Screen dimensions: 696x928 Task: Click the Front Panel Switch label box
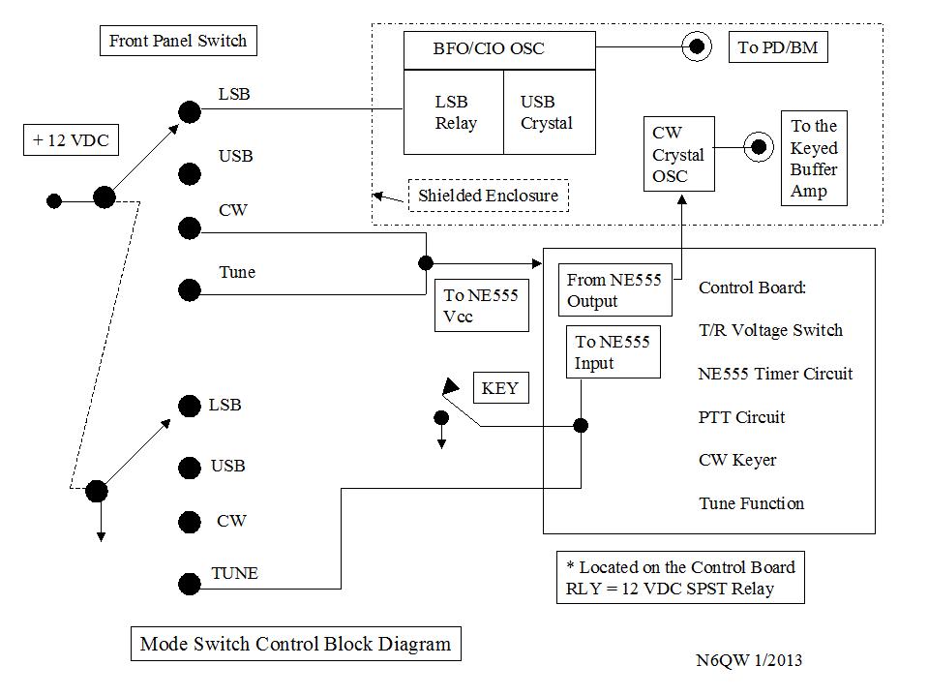[178, 41]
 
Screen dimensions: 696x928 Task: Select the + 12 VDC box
[71, 140]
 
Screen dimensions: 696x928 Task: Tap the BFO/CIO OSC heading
[489, 49]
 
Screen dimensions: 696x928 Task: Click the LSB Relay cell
[453, 112]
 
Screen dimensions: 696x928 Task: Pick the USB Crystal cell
[547, 112]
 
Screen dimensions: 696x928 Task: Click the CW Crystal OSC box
[678, 154]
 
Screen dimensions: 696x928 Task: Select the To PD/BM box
[778, 47]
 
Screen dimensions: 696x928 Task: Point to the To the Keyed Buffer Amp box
[814, 158]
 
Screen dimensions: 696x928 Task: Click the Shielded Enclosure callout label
[488, 196]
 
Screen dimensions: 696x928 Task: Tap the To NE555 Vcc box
[481, 306]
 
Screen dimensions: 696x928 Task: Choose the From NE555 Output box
[614, 290]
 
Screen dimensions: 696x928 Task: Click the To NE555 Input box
[613, 352]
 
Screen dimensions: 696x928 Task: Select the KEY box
[500, 389]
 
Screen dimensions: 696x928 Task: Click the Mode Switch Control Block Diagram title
[295, 644]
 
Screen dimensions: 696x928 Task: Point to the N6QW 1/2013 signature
[748, 661]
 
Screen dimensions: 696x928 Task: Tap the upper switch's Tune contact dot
[190, 289]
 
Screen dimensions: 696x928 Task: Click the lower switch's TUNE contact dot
[190, 584]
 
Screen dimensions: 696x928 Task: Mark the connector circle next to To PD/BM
[695, 45]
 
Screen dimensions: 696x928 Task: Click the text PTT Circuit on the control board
[741, 417]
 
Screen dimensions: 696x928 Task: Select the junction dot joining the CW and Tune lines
[426, 263]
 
